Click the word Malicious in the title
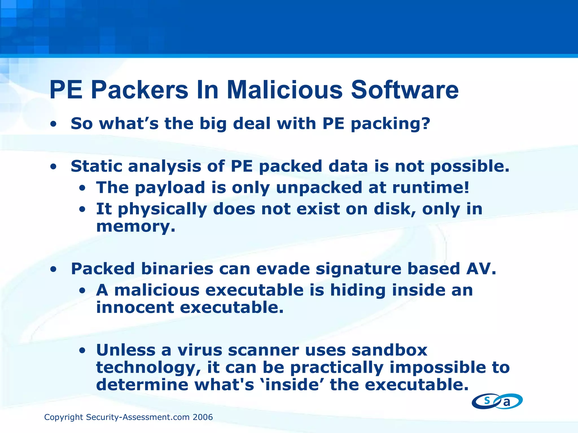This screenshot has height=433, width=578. (284, 90)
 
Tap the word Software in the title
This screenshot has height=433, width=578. (405, 90)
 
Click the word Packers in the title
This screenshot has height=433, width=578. (139, 90)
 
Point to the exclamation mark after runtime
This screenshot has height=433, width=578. (467, 187)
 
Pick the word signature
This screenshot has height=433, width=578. (358, 269)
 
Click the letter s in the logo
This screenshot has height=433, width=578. (487, 400)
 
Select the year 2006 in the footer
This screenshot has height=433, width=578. (203, 417)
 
